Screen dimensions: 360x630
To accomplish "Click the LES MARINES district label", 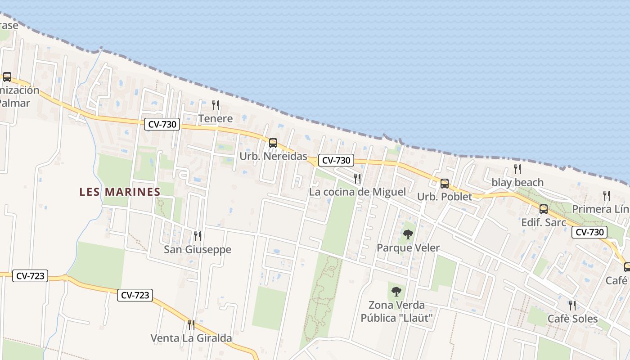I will (x=120, y=192).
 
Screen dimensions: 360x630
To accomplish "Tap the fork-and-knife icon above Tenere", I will (x=216, y=105).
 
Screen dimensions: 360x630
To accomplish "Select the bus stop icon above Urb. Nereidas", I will (x=273, y=143).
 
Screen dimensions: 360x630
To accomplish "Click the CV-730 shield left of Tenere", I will (x=162, y=124).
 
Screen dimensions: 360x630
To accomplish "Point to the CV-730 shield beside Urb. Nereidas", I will (x=336, y=160).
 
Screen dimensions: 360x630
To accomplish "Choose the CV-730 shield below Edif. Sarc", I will (x=589, y=232).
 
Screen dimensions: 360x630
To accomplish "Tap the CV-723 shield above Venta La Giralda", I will (x=135, y=295).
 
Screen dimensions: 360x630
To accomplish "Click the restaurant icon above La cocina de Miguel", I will (x=357, y=179).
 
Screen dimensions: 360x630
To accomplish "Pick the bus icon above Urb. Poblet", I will (x=444, y=184).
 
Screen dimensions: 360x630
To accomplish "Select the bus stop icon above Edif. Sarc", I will (x=543, y=209).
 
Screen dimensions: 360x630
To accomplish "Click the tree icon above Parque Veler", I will (x=408, y=234).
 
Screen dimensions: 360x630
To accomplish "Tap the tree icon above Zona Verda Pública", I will (x=396, y=292).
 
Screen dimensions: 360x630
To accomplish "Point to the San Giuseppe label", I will (x=198, y=249).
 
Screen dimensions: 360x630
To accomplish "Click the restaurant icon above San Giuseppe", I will (x=197, y=236).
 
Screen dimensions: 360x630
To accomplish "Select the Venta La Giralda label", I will (x=191, y=338).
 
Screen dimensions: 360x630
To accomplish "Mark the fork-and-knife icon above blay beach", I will (x=517, y=169).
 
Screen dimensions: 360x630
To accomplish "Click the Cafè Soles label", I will (x=572, y=319).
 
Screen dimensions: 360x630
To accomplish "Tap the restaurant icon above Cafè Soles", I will (x=572, y=306).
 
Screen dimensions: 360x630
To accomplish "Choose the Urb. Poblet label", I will (x=445, y=197).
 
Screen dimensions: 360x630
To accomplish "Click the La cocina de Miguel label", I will (x=357, y=192).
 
